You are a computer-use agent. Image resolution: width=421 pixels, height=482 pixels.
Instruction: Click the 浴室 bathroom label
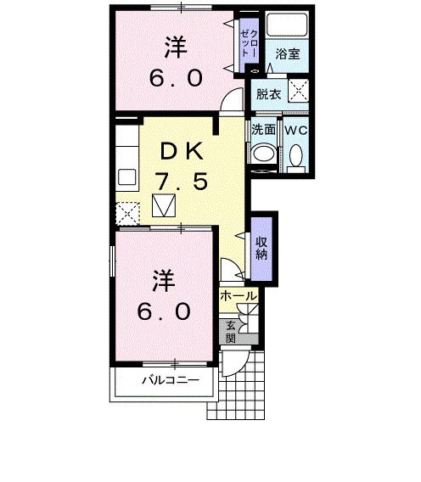[288, 54]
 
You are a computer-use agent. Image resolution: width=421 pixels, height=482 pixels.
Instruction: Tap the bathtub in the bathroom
[287, 25]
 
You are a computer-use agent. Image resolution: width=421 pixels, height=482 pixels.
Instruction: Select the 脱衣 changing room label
[269, 94]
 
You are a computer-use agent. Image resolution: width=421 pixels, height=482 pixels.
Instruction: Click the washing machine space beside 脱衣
[298, 90]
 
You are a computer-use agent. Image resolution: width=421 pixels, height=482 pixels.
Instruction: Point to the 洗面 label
[263, 130]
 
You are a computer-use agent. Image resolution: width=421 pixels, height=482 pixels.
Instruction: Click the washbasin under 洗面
[262, 154]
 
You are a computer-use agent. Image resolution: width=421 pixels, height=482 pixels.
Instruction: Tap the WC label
[296, 131]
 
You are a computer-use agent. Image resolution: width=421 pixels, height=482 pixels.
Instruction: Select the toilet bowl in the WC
[296, 156]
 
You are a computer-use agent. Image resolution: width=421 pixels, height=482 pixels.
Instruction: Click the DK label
[182, 151]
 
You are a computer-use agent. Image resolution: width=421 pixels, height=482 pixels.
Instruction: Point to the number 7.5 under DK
[182, 181]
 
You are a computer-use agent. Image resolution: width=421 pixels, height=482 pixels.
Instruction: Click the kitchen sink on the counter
[127, 177]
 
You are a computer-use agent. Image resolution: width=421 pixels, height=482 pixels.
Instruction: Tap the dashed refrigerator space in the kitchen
[127, 214]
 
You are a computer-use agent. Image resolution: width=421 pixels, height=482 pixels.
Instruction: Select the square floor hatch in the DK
[164, 205]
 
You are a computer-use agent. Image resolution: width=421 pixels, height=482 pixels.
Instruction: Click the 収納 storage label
[261, 249]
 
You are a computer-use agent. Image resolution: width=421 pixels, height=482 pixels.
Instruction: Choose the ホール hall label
[239, 296]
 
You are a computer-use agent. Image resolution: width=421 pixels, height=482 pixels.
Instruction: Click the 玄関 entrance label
[231, 333]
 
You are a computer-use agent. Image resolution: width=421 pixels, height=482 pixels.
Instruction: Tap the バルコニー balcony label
[171, 380]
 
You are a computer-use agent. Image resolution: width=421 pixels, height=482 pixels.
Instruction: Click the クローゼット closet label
[249, 43]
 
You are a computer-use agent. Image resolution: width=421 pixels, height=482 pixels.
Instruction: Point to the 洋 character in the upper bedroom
[176, 48]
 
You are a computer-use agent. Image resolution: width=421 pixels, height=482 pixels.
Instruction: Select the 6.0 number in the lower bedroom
[164, 311]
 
